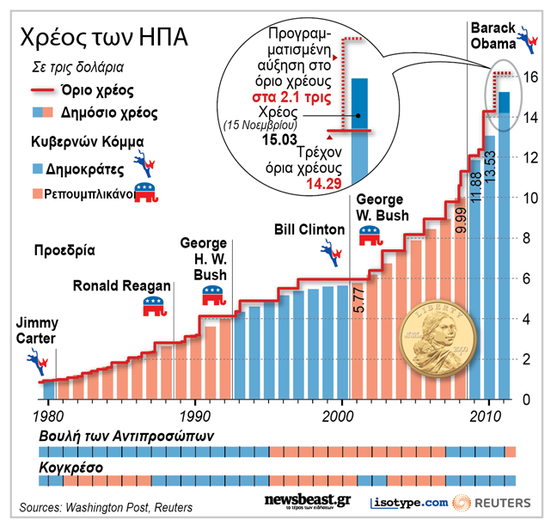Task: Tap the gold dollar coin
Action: pyautogui.click(x=440, y=339)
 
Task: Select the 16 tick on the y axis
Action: pyautogui.click(x=531, y=77)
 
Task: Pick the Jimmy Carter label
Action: pyautogui.click(x=38, y=331)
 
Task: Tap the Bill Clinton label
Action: pyautogui.click(x=309, y=230)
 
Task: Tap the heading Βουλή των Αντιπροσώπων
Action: pyautogui.click(x=126, y=437)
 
